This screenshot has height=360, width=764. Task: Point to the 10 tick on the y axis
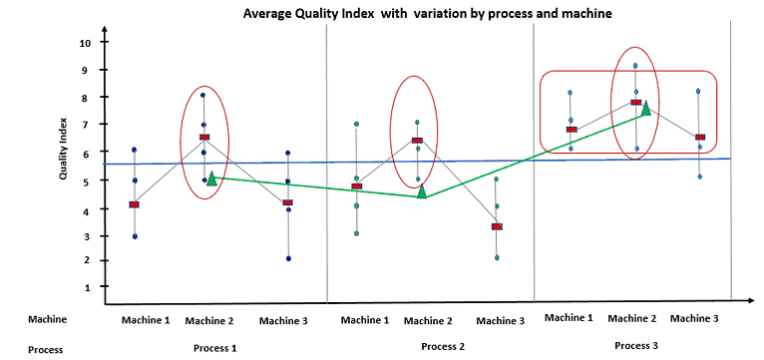[86, 43]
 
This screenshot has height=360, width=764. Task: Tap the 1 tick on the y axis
[87, 287]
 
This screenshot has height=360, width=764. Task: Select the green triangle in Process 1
[211, 179]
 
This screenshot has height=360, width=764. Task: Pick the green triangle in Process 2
[422, 191]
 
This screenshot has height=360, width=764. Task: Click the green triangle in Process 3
[645, 108]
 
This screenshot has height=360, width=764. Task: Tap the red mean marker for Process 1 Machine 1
[134, 204]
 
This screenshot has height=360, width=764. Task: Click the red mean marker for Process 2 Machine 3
[497, 226]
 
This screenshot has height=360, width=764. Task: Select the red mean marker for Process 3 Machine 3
[700, 138]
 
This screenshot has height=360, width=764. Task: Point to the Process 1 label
[215, 348]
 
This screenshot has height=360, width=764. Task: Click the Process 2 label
[444, 346]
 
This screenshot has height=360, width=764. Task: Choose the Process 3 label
[637, 344]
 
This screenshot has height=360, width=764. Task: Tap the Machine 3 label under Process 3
[694, 318]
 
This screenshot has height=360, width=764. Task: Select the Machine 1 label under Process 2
[364, 320]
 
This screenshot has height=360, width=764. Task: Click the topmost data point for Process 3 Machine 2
[635, 66]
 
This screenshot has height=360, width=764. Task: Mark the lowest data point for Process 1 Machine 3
[288, 258]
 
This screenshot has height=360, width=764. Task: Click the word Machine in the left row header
[47, 319]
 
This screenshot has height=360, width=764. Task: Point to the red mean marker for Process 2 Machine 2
[417, 141]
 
